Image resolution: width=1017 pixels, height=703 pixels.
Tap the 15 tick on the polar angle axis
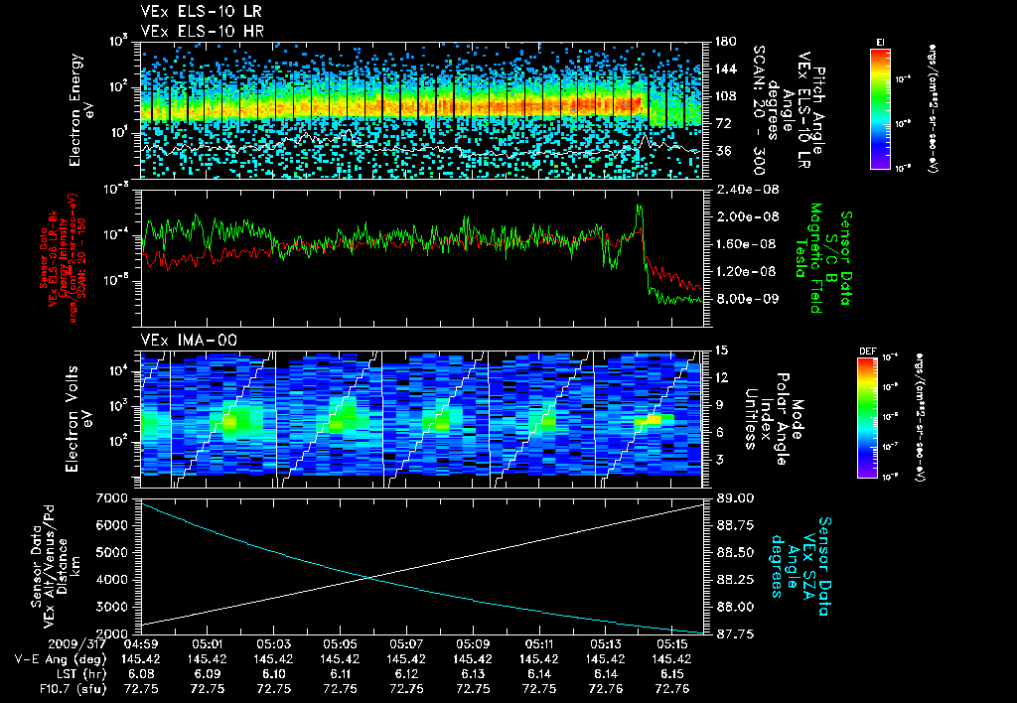click(720, 350)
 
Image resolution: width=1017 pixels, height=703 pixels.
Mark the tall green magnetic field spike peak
click(639, 207)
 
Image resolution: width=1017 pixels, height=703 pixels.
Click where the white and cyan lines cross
click(369, 578)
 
